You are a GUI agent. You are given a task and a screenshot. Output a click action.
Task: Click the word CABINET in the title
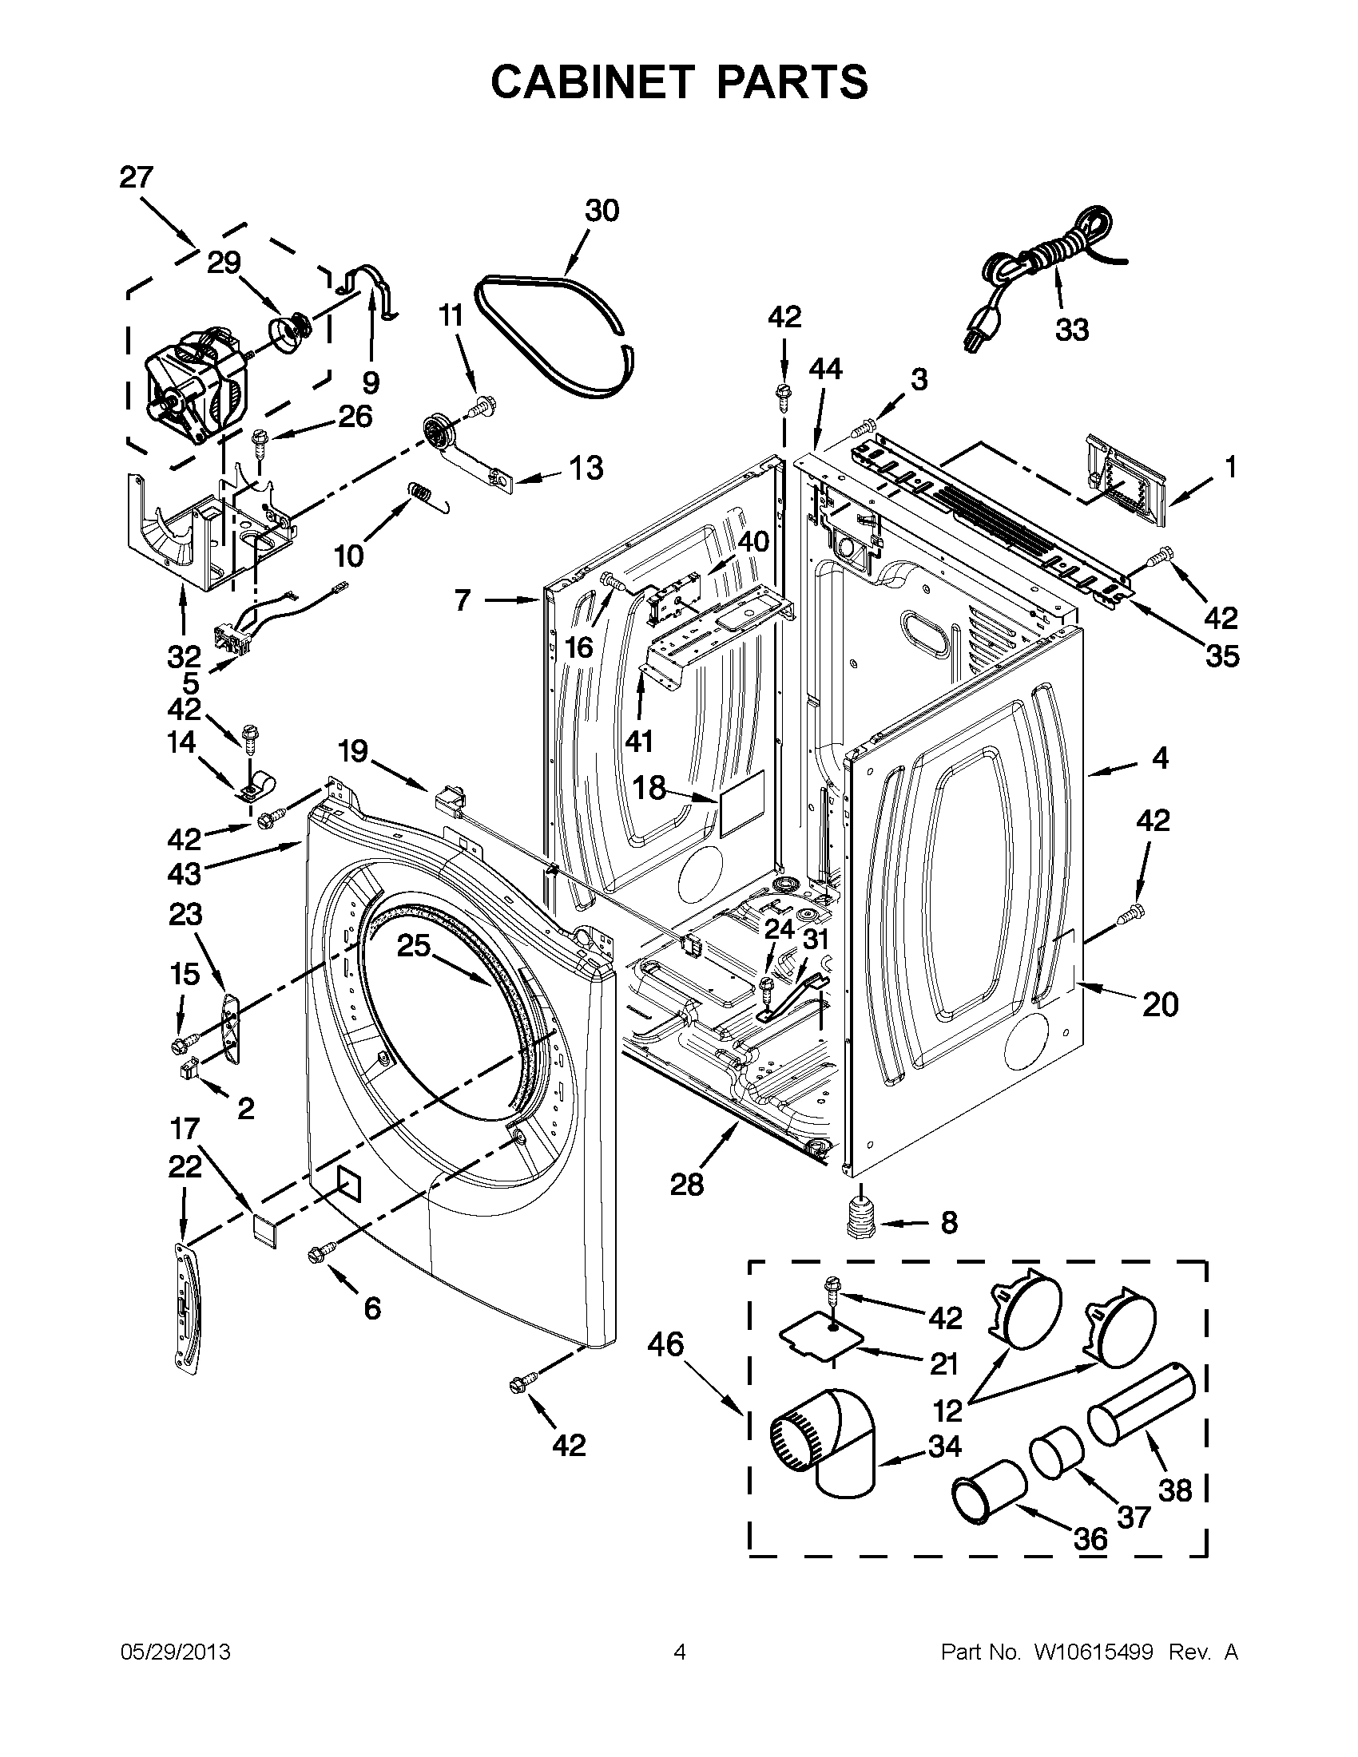(x=592, y=82)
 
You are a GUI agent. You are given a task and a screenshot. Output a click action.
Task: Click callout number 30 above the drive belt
(x=602, y=211)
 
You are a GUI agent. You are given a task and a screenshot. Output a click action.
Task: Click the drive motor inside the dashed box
(x=193, y=378)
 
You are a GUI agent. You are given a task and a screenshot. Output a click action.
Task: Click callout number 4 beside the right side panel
(x=1159, y=758)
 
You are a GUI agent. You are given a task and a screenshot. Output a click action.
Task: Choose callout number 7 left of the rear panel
(x=462, y=600)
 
